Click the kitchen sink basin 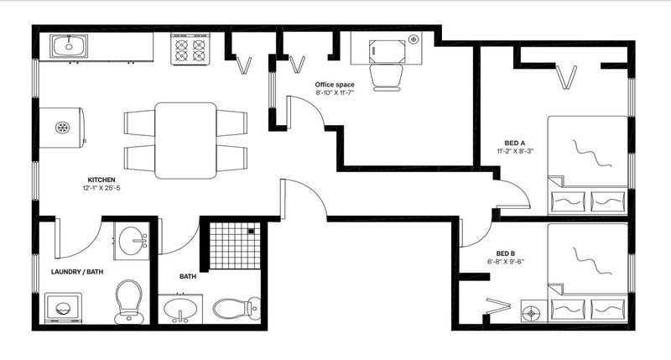pos(69,46)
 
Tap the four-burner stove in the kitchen pos(190,50)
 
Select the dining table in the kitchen pos(185,140)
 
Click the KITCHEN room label pos(101,180)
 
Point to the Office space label pos(335,85)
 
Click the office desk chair pos(387,77)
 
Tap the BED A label pos(515,143)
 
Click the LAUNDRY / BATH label pos(77,272)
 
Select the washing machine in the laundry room pos(63,308)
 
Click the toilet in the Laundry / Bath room pos(129,302)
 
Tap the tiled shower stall pos(235,246)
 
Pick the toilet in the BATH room pos(237,308)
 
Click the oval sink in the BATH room pos(181,309)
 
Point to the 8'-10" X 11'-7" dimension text pos(335,92)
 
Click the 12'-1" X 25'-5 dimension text pos(101,188)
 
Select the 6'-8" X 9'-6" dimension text pos(506,262)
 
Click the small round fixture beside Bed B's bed pos(532,313)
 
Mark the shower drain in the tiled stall pos(251,231)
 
